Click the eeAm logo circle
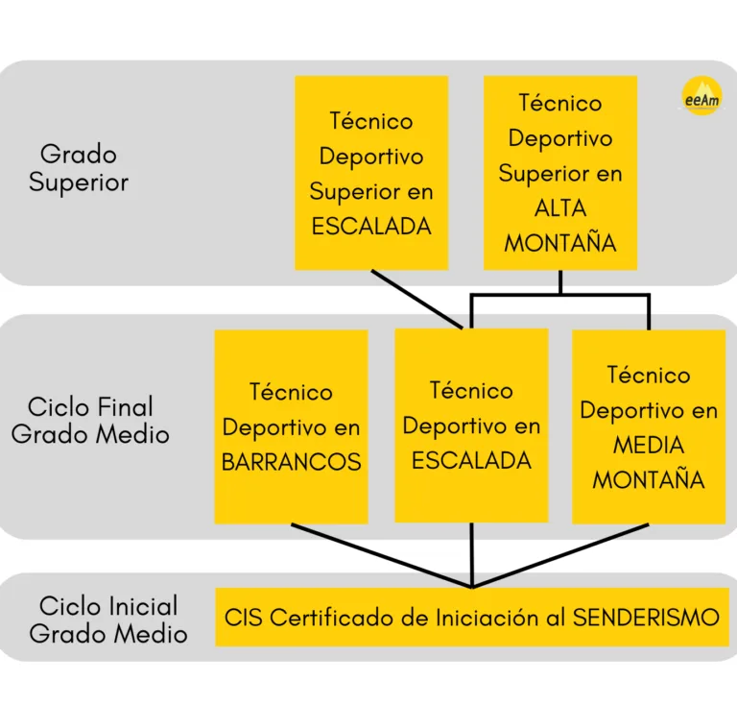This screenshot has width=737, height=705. coord(701,96)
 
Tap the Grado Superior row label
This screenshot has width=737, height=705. coord(79,168)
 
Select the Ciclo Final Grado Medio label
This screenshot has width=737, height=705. coord(90,420)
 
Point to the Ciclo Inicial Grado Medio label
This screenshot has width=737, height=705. coord(108,620)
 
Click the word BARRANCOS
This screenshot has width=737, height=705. coord(291,462)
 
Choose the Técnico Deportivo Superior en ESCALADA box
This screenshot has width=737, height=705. coord(370,173)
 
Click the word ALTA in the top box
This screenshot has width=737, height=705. coord(560,208)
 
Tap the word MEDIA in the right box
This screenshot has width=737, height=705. coord(649,446)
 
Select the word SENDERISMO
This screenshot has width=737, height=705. coord(646,618)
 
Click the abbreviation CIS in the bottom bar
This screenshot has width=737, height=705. coord(244,618)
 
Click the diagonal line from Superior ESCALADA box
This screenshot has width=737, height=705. coord(416,299)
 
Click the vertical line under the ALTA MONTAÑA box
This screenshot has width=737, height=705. coord(560,282)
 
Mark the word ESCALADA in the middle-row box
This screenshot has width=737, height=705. coord(471,460)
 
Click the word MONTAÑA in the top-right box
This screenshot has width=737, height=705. coord(560,243)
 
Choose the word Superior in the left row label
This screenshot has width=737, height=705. coord(79,182)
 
